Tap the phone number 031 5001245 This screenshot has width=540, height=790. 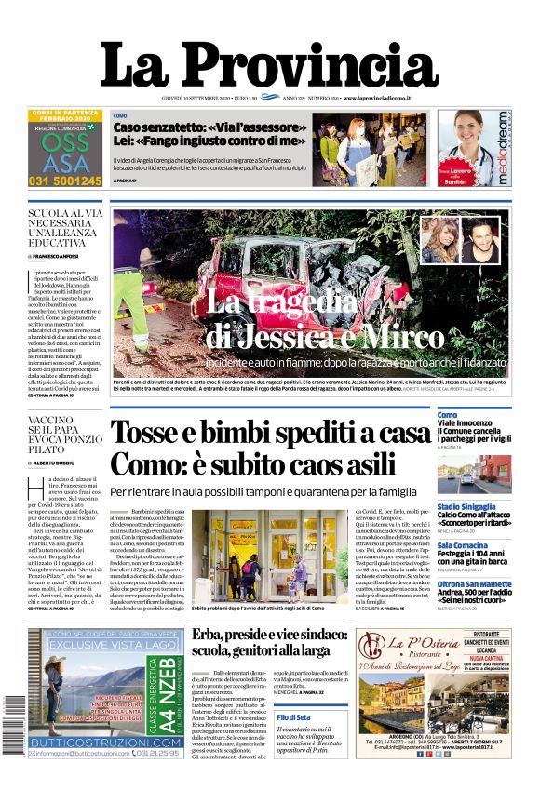[x=65, y=181]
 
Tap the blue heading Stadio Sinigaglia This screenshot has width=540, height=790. [x=473, y=506]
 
